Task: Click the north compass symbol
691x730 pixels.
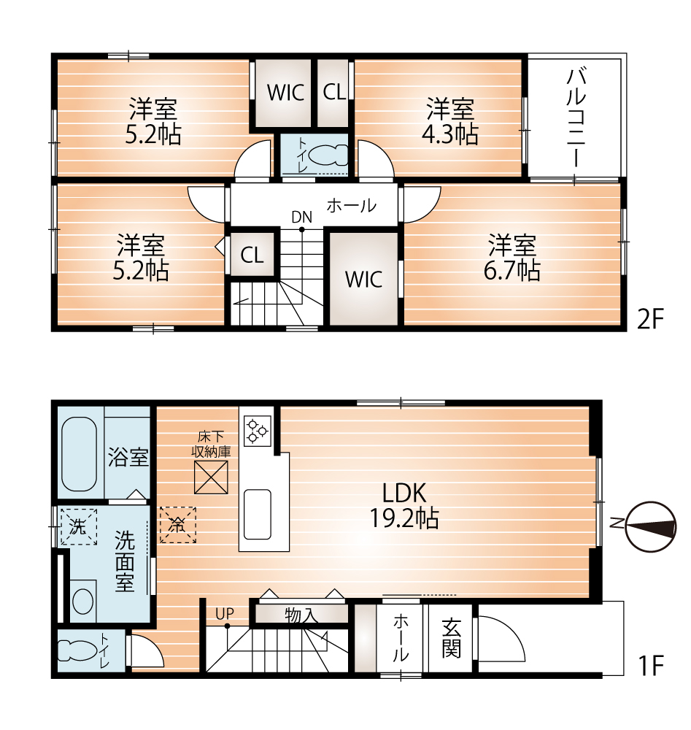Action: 651,526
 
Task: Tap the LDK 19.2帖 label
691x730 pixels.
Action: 404,506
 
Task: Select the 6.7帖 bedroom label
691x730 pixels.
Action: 512,258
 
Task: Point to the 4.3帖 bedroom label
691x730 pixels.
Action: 450,121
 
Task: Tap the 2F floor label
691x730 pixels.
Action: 650,320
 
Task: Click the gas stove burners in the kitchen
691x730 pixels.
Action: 258,430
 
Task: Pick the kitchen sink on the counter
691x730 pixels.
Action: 258,514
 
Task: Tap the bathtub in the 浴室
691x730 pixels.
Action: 79,453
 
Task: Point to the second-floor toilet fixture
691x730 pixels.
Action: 328,155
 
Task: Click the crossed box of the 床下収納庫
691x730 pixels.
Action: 211,477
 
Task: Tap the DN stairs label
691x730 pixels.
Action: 301,217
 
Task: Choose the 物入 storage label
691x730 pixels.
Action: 301,615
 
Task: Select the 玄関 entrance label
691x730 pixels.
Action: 451,638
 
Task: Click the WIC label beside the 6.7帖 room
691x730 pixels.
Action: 363,280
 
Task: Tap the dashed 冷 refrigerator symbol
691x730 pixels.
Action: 178,525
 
